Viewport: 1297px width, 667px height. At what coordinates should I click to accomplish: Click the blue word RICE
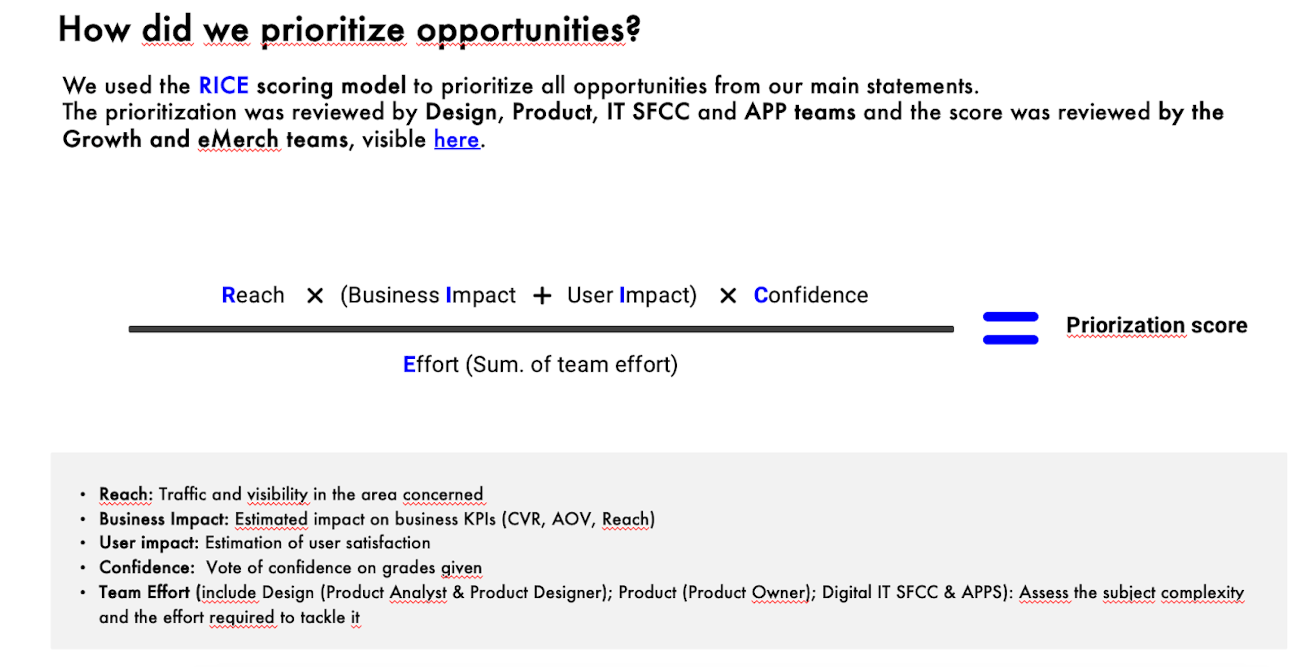pyautogui.click(x=223, y=85)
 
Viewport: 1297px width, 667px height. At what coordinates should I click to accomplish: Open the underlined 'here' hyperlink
pyautogui.click(x=456, y=139)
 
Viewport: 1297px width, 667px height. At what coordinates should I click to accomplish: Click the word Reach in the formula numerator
pyautogui.click(x=253, y=295)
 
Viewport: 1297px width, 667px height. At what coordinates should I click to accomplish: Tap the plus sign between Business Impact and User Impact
pyautogui.click(x=541, y=296)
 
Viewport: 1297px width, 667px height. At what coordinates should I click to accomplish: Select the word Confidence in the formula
pyautogui.click(x=810, y=295)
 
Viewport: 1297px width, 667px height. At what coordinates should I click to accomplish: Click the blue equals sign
pyautogui.click(x=1010, y=328)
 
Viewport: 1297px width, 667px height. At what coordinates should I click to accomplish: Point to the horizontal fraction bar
pyautogui.click(x=541, y=329)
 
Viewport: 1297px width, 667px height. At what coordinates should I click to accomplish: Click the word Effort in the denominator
pyautogui.click(x=430, y=364)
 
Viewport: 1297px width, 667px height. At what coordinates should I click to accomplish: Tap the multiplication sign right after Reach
pyautogui.click(x=315, y=296)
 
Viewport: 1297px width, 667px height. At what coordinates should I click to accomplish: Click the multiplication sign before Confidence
pyautogui.click(x=727, y=296)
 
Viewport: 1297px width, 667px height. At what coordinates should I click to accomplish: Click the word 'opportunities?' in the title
pyautogui.click(x=528, y=30)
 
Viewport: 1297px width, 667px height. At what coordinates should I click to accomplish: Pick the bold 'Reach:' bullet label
pyautogui.click(x=125, y=494)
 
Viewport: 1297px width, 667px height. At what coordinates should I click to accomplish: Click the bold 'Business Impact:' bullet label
pyautogui.click(x=164, y=519)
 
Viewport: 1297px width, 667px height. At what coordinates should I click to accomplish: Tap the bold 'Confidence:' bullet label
pyautogui.click(x=147, y=567)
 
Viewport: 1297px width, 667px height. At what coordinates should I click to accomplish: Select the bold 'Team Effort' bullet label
pyautogui.click(x=144, y=592)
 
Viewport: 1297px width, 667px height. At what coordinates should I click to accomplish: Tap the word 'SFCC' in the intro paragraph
pyautogui.click(x=661, y=112)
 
